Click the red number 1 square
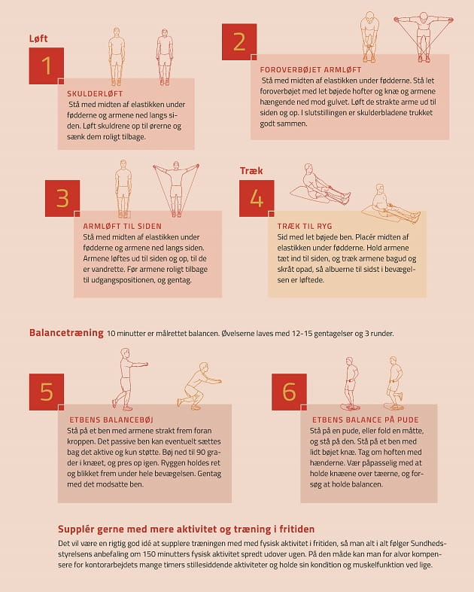[x=47, y=66]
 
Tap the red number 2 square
[x=239, y=41]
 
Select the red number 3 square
[x=62, y=198]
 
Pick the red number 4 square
[x=257, y=198]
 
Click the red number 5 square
[x=47, y=392]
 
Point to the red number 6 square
[x=289, y=392]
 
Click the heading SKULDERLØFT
[x=95, y=94]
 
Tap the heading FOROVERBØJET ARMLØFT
[x=311, y=70]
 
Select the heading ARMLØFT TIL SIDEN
[x=122, y=226]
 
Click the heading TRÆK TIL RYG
[x=305, y=226]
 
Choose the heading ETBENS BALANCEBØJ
[x=111, y=420]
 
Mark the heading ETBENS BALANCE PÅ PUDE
[x=366, y=420]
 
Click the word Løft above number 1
[x=38, y=38]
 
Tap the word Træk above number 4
[x=251, y=171]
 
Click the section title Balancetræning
[x=66, y=333]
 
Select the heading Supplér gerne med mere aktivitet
[x=187, y=529]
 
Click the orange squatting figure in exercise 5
[x=199, y=386]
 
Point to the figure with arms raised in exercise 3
[x=176, y=189]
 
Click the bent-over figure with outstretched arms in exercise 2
[x=424, y=37]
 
